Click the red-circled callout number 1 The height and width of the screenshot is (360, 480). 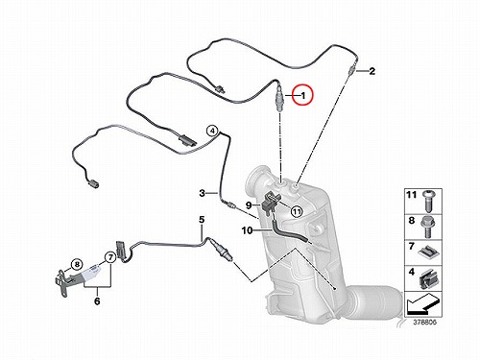click(303, 95)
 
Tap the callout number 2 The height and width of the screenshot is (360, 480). click(372, 71)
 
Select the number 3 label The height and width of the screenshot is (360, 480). click(202, 193)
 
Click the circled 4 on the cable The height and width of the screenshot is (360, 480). click(212, 132)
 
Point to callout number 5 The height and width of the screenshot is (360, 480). click(202, 220)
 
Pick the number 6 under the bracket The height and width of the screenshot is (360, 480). click(97, 301)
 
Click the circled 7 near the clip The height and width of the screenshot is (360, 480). click(110, 257)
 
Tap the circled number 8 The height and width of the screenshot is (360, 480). click(77, 264)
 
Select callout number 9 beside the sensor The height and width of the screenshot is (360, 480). click(249, 204)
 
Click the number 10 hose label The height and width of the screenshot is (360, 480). click(248, 230)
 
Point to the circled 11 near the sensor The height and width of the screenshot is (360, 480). click(297, 211)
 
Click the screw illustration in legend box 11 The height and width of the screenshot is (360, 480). click(427, 201)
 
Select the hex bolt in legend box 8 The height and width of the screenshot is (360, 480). click(428, 227)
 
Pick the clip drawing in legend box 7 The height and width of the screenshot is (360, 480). click(428, 252)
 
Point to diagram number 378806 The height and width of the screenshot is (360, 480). click(424, 322)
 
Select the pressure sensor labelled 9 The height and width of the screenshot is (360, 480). click(270, 203)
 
